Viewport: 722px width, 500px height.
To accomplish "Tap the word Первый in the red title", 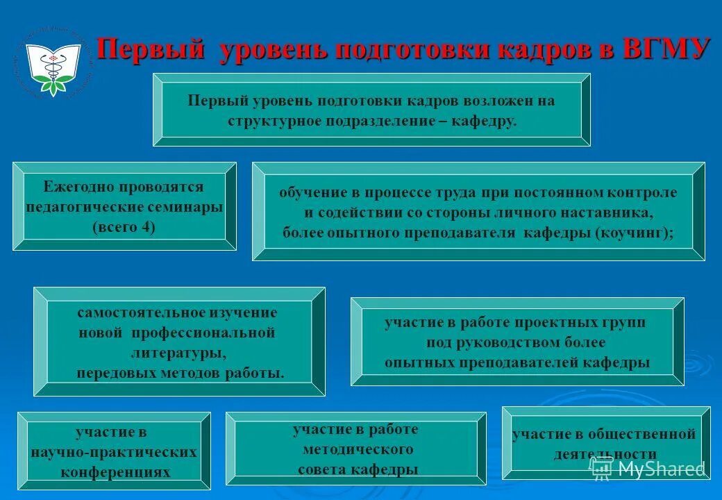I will [150, 50].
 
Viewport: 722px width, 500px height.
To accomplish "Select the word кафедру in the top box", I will [483, 121].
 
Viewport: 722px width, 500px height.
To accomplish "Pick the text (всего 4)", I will [124, 227].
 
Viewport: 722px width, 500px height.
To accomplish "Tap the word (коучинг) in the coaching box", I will [633, 233].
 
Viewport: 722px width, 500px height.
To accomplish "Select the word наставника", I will [611, 212].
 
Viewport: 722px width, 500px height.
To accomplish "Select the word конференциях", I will [115, 472].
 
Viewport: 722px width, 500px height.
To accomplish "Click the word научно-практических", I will [114, 452].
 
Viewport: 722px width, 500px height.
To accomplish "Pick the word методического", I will [358, 449].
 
